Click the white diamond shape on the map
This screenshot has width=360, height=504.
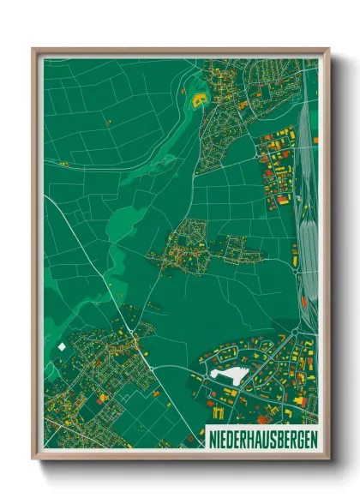point(62,346)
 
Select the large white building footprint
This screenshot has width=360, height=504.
point(228,375)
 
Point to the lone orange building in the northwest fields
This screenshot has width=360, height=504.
point(109,123)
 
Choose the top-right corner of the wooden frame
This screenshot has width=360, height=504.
point(328,50)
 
